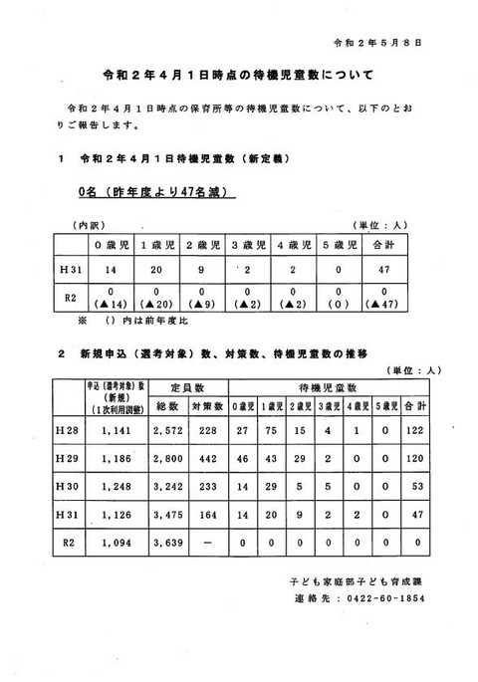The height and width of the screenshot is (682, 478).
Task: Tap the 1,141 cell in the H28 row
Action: pyautogui.click(x=103, y=429)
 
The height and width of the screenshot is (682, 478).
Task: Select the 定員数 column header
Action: pyautogui.click(x=186, y=386)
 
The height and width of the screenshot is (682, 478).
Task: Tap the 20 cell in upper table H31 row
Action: pyautogui.click(x=152, y=269)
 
